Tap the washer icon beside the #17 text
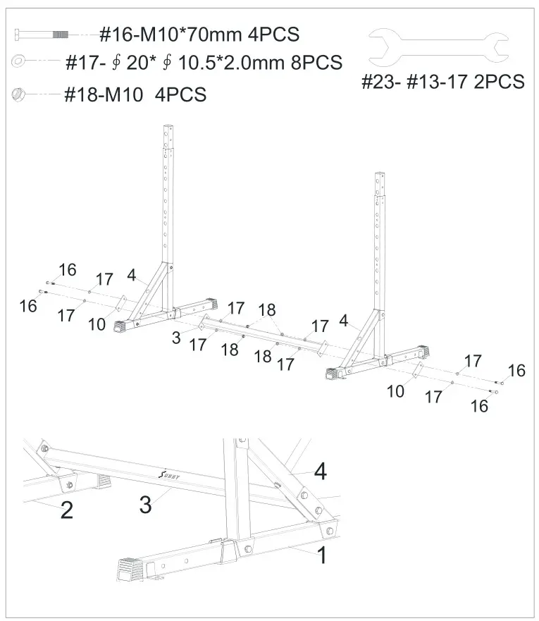click(x=18, y=62)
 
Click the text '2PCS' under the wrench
click(x=499, y=82)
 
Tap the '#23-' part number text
click(x=381, y=82)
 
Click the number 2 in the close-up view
click(x=66, y=510)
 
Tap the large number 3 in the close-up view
click(x=145, y=506)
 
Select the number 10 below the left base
click(x=97, y=325)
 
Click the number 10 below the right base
click(x=396, y=391)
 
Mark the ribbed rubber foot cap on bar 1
click(x=129, y=566)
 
